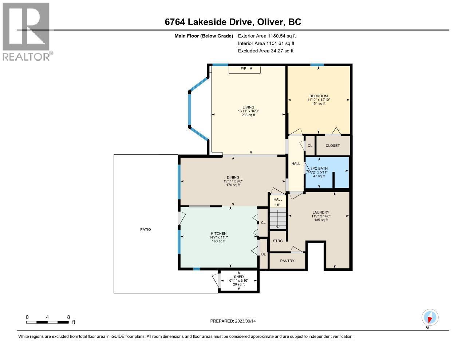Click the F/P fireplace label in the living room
[x=243, y=69]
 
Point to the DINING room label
[x=233, y=177]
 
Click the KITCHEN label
[x=219, y=234]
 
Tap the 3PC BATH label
[x=319, y=169]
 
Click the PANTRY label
[x=287, y=261]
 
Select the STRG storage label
[x=278, y=241]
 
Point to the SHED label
[x=239, y=277]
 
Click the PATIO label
[x=146, y=230]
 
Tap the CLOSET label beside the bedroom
[x=332, y=146]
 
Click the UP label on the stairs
[x=278, y=205]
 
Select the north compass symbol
[x=430, y=318]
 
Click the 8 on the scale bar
[x=68, y=317]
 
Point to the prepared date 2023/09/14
[x=235, y=321]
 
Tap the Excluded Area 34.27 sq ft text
[x=265, y=51]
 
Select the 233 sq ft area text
[x=248, y=115]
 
